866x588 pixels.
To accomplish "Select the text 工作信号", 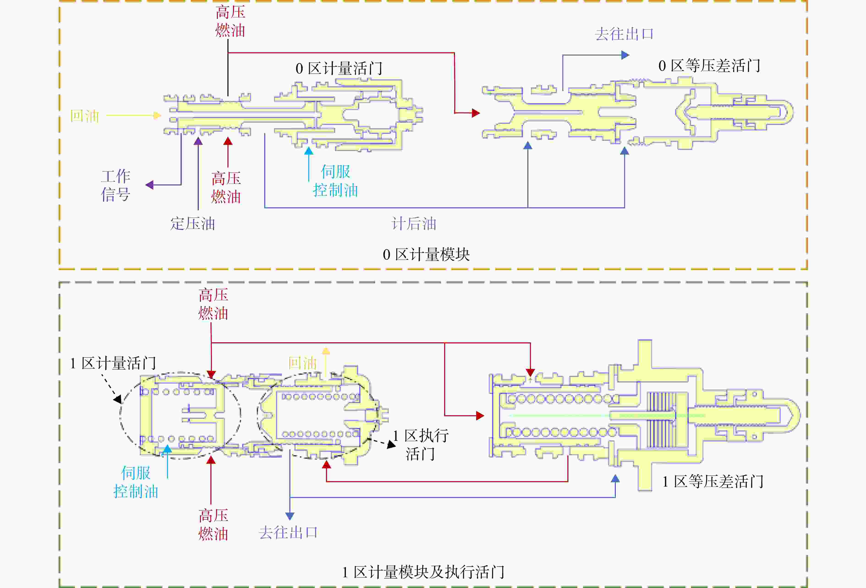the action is (115, 185).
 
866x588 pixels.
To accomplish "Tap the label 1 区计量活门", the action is (113, 363).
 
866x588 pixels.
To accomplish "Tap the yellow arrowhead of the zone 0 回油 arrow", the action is (157, 115).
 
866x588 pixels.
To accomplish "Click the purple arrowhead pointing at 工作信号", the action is (149, 185).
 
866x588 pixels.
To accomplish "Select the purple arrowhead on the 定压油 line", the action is (198, 141).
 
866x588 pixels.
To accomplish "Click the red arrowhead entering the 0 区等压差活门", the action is (476, 113).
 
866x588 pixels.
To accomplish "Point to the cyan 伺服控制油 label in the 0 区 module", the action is (335, 181).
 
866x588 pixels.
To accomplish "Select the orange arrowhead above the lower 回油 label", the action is (326, 351).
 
